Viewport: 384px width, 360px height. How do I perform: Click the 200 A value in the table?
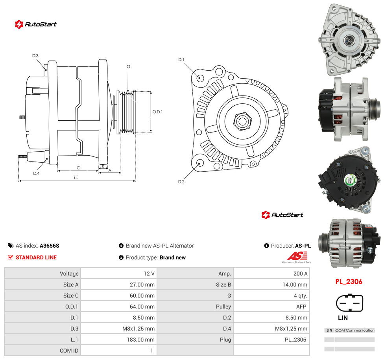(x=300, y=274)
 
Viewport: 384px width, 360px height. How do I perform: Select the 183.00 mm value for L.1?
(x=140, y=340)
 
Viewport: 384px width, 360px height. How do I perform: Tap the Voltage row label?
(x=69, y=274)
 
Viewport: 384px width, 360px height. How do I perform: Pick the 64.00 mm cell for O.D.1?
(x=142, y=307)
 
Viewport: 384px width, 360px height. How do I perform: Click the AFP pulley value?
(x=301, y=307)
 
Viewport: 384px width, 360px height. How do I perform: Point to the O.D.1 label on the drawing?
(x=157, y=112)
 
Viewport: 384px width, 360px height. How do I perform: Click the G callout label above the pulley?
(x=128, y=66)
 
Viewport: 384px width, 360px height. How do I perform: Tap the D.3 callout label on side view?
(x=35, y=56)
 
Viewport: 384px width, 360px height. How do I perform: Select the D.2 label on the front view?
(x=181, y=182)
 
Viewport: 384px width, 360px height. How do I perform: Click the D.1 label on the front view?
(x=181, y=60)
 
